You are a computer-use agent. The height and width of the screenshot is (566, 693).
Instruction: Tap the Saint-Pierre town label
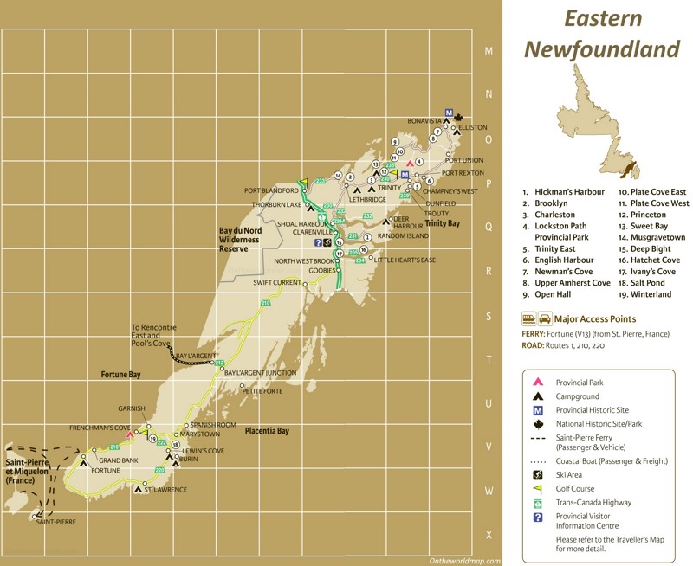55,523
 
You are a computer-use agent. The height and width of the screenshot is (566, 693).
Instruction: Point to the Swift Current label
275,283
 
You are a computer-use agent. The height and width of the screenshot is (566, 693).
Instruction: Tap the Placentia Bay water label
267,430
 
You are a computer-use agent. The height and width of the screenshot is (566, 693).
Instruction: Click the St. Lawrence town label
165,490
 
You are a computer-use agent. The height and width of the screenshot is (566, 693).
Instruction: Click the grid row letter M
489,52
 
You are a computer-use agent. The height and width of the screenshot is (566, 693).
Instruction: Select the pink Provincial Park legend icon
537,382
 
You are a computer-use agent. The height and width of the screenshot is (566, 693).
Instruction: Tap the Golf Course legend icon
537,488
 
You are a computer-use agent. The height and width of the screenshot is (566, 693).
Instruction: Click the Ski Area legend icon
537,475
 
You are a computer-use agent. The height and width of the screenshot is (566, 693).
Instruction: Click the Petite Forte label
262,390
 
